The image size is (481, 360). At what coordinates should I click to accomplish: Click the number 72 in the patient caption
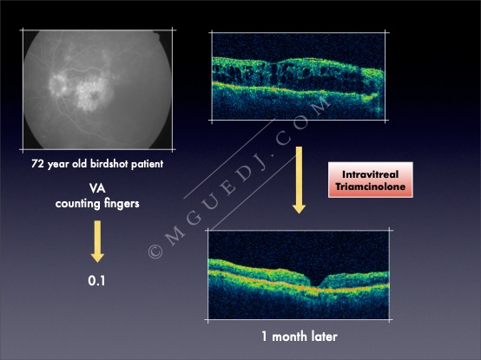coord(37,164)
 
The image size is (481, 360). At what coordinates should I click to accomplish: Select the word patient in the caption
coord(148,164)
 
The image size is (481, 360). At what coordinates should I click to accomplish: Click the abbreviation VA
coord(97,188)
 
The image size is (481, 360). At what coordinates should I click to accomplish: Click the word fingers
coord(122,204)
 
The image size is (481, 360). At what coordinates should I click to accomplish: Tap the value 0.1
coord(96,281)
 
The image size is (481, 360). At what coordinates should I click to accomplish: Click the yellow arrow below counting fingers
coord(97,241)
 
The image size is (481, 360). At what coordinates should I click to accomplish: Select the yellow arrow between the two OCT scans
coord(299,180)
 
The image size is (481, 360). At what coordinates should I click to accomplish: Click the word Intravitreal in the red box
coord(370,174)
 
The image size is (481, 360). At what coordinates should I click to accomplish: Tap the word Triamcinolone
coord(370,187)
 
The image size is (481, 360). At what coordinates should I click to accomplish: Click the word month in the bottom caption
coord(290,337)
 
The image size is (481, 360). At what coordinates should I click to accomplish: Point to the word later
coord(324,337)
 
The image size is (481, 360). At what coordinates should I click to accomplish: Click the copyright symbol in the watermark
coord(155,252)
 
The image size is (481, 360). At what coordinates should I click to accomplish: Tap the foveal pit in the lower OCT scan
coord(316,283)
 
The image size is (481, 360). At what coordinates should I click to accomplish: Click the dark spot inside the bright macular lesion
coord(94,95)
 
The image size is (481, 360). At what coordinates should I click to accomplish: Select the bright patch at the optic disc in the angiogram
coord(58,84)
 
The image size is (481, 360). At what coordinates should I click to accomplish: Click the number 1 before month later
coord(265,337)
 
